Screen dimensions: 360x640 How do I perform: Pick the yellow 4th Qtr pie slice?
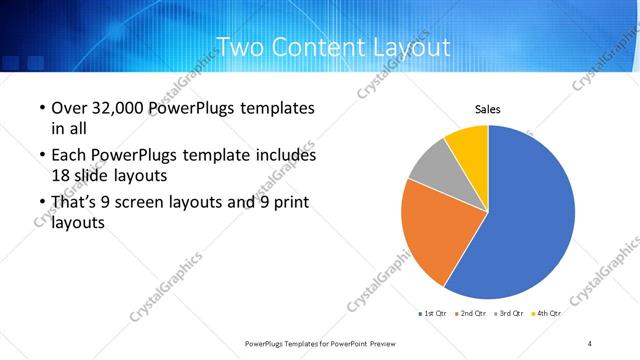(x=468, y=143)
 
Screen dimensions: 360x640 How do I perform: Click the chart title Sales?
(x=487, y=109)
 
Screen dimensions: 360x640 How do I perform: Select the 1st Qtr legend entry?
(x=433, y=313)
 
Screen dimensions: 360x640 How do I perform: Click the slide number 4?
(x=590, y=344)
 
